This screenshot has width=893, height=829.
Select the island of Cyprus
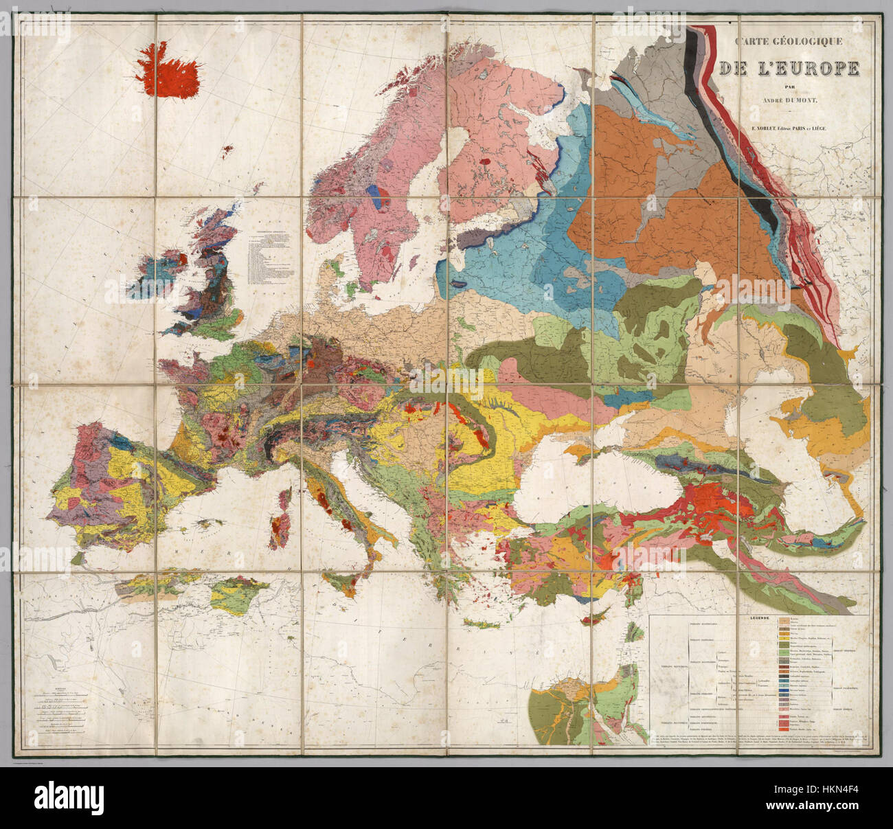[x=590, y=619]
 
